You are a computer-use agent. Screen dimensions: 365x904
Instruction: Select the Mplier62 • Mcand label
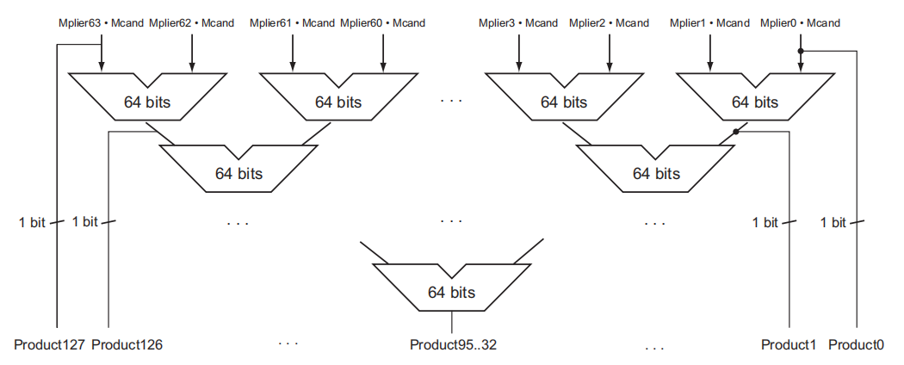191,23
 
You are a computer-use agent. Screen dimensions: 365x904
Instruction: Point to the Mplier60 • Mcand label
382,23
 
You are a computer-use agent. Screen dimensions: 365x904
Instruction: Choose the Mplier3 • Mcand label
517,23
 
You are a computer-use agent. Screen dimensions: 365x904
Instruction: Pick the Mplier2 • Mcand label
609,23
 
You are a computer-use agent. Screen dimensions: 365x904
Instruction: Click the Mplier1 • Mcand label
709,23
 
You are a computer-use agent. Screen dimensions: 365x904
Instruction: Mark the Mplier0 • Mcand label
800,23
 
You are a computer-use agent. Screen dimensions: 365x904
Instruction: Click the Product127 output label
49,345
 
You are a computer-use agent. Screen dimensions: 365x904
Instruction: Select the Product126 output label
127,345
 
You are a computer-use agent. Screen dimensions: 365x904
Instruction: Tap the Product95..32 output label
453,345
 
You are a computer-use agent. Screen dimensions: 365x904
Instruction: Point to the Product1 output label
788,345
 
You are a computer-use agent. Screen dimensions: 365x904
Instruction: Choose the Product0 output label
856,345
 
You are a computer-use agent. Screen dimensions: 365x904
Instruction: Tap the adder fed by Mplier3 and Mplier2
564,102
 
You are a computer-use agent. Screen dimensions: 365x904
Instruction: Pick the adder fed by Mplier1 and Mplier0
754,102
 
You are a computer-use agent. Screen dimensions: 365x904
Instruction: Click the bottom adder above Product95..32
451,291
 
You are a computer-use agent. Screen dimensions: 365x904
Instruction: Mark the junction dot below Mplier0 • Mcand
801,51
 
